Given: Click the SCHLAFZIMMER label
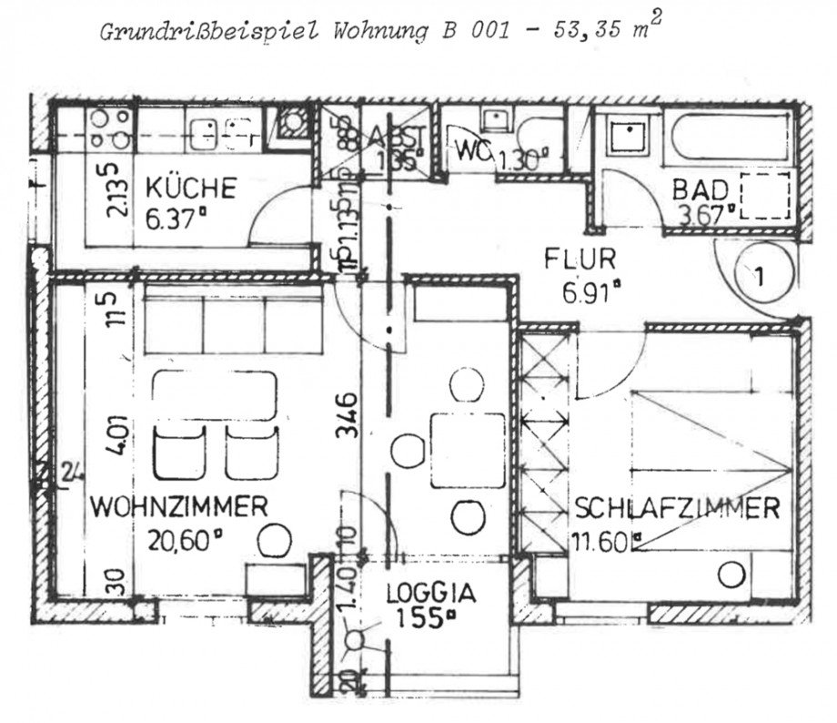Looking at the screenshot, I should [676, 508].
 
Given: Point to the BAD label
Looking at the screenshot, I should [701, 190].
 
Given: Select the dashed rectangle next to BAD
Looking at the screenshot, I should [762, 195].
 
